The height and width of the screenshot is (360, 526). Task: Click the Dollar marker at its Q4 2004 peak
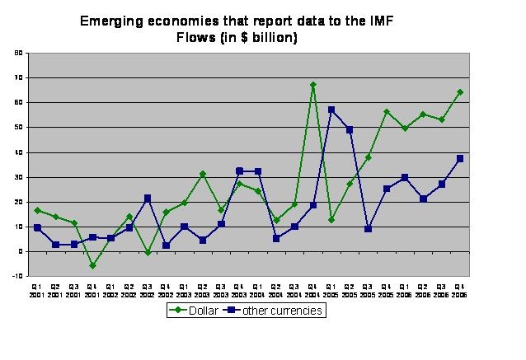pyautogui.click(x=313, y=85)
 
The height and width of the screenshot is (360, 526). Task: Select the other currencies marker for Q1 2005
pyautogui.click(x=331, y=110)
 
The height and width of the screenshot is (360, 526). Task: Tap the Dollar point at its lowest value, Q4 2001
pyautogui.click(x=93, y=265)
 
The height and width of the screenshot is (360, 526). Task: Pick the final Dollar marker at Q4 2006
pyautogui.click(x=460, y=92)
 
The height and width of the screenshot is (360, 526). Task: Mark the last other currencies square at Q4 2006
pyautogui.click(x=460, y=158)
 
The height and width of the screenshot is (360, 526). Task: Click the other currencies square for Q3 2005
pyautogui.click(x=369, y=229)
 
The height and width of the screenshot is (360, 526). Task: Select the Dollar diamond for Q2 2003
pyautogui.click(x=203, y=174)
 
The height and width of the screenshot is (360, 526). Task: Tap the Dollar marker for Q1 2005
pyautogui.click(x=331, y=220)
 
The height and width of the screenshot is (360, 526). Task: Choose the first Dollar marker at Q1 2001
pyautogui.click(x=38, y=210)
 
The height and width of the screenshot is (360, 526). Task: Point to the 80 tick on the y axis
pyautogui.click(x=18, y=53)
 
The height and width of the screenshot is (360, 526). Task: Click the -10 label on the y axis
pyautogui.click(x=17, y=276)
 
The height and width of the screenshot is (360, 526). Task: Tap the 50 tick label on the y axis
pyautogui.click(x=18, y=128)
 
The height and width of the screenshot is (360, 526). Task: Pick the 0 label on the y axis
pyautogui.click(x=20, y=251)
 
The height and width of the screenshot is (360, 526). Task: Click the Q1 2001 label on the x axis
pyautogui.click(x=38, y=290)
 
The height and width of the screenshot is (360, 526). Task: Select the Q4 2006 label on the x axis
pyautogui.click(x=460, y=290)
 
